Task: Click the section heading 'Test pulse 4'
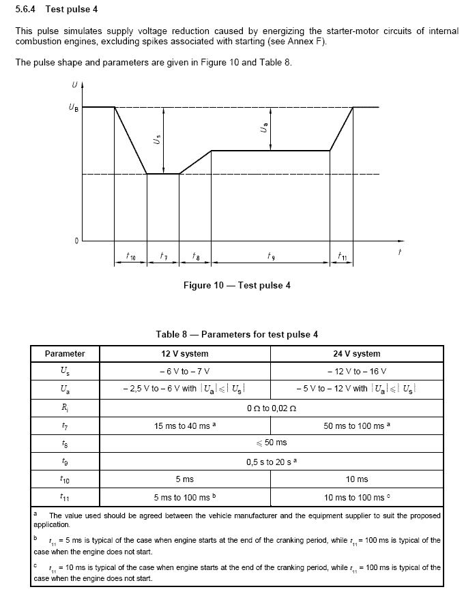tap(71, 9)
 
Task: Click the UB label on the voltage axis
tap(73, 108)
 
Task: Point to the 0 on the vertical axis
tap(76, 240)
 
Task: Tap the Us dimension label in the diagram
tap(158, 141)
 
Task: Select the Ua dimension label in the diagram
tap(264, 128)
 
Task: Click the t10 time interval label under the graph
tap(131, 256)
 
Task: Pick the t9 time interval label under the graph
tap(271, 256)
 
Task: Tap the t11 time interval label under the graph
tap(343, 256)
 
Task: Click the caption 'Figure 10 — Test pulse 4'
tap(237, 285)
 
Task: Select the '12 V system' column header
tap(184, 354)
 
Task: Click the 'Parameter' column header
tap(65, 354)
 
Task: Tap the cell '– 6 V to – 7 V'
tap(184, 372)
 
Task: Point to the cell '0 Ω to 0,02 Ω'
tap(271, 408)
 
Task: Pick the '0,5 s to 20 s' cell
tap(271, 462)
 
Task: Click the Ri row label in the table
tap(65, 408)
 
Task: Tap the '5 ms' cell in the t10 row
tap(184, 479)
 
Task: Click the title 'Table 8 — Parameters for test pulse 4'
tap(237, 334)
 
